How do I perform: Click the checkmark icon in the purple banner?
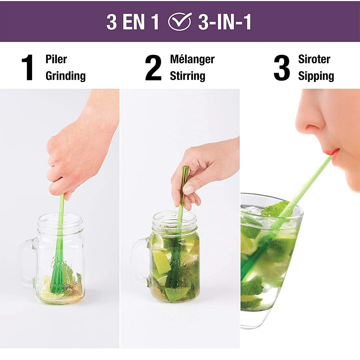[x=180, y=21]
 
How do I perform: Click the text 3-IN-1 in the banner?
[x=225, y=22]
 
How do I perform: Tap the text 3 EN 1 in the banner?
[x=132, y=22]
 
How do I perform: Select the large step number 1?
[x=28, y=68]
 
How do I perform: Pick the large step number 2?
[x=153, y=68]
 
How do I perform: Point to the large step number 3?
[x=282, y=68]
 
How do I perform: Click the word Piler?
[x=56, y=59]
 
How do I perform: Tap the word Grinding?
[x=66, y=76]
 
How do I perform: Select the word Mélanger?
[x=192, y=59]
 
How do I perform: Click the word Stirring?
[x=187, y=76]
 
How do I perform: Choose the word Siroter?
[x=314, y=59]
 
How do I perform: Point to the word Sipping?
[x=316, y=76]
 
